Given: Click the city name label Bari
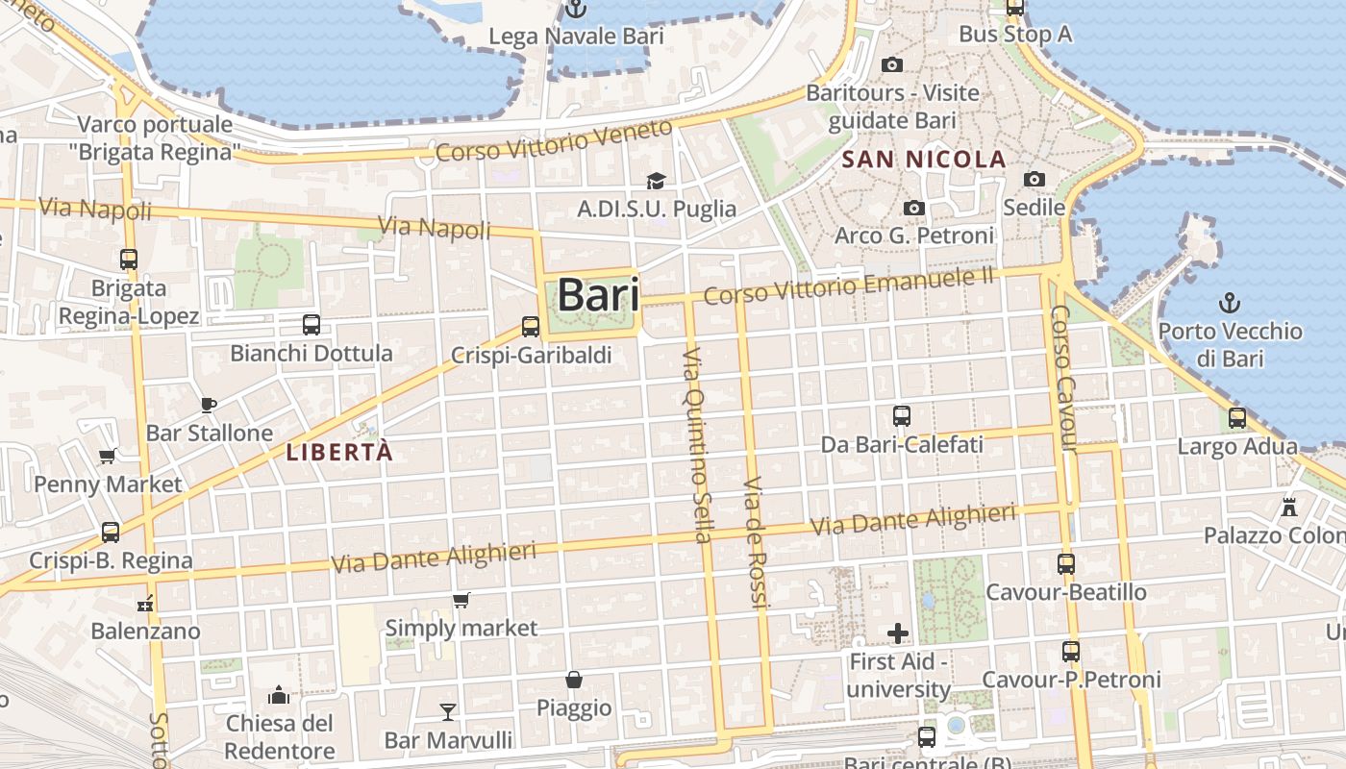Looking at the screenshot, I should [598, 294].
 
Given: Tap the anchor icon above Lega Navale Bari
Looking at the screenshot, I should [575, 10].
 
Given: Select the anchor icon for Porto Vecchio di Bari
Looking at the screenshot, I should [1229, 304].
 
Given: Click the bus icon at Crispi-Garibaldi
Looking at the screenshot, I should [531, 327].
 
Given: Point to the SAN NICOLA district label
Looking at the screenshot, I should [923, 160].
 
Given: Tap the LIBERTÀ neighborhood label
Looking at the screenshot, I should [340, 452].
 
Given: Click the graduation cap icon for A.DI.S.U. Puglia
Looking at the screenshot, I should [656, 181].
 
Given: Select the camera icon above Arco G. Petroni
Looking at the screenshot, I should [914, 208].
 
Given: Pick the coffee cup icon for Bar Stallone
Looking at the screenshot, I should [209, 405].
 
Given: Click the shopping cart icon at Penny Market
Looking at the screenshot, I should [108, 456].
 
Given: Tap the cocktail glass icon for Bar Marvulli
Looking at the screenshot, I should [447, 712].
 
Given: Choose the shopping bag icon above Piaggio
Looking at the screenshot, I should [574, 680].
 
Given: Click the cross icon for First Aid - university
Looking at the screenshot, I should [898, 633].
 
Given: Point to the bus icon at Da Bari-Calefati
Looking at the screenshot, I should [902, 416].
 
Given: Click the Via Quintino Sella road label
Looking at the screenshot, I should [697, 444].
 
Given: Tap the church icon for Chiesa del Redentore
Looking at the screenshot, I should [279, 694].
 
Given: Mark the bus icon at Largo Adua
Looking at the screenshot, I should [1237, 418].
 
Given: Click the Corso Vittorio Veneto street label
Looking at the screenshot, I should [554, 141].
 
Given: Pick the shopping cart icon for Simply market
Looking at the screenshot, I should [461, 601].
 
